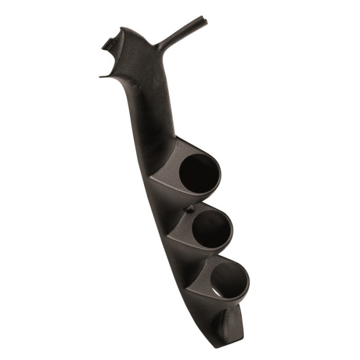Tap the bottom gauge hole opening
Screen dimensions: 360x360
tap(228, 281)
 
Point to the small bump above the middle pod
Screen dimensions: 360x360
tap(191, 209)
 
